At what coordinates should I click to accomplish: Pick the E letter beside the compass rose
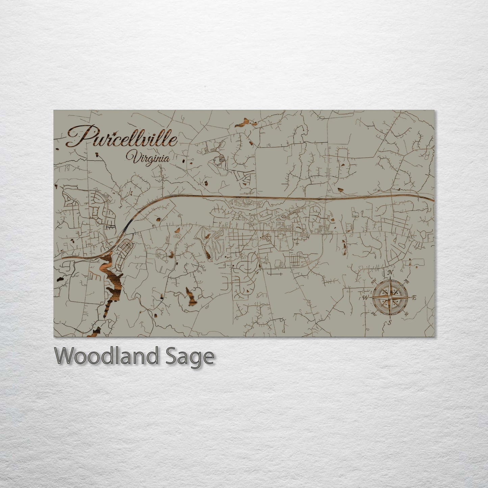coord(415,298)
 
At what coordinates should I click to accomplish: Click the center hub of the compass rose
coord(390,297)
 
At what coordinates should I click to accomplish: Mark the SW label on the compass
coord(374,313)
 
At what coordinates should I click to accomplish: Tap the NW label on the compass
coord(374,281)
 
